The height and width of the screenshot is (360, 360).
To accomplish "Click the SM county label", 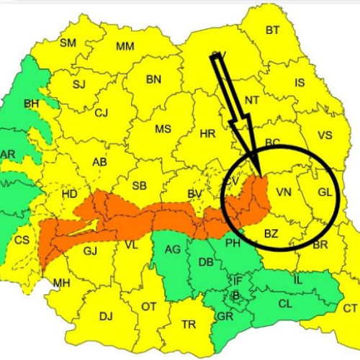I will (x=68, y=43).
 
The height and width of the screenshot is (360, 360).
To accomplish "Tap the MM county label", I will (x=125, y=47).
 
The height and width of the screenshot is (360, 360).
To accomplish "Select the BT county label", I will (x=272, y=30).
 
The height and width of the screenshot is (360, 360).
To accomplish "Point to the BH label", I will (x=32, y=104).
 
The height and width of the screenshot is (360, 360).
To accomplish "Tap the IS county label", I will (x=300, y=83).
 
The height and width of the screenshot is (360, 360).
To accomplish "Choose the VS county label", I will (x=325, y=135).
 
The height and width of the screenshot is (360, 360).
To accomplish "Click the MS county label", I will (x=163, y=129).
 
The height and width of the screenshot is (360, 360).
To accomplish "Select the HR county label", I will (x=207, y=134).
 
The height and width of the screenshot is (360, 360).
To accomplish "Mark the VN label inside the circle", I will (x=284, y=192).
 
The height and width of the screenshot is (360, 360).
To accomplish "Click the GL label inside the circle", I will (x=325, y=192).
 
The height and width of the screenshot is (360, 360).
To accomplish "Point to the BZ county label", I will (x=271, y=233).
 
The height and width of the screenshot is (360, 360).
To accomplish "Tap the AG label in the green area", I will (x=173, y=249).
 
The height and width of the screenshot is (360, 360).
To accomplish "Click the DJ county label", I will (x=106, y=315).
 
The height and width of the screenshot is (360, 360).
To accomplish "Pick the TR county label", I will (x=189, y=325).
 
